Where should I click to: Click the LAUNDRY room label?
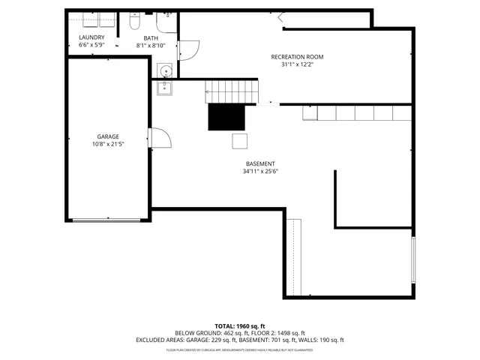point(91,37)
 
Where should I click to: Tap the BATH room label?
point(151,38)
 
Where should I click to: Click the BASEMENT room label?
point(260,163)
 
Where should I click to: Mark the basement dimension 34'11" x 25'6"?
point(260,171)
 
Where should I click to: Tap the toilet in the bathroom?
point(133,22)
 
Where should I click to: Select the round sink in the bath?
point(165,71)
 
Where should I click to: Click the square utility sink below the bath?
point(164,88)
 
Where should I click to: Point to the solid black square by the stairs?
point(226,117)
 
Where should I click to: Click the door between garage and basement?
point(160,138)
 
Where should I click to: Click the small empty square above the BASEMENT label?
point(238,141)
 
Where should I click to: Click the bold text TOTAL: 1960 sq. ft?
point(239,326)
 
